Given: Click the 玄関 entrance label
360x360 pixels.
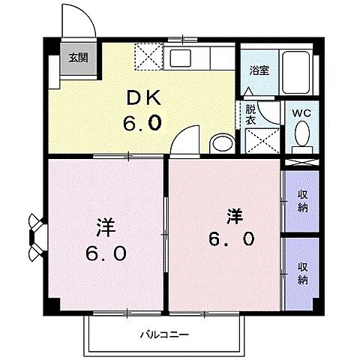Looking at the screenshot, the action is [x=79, y=58].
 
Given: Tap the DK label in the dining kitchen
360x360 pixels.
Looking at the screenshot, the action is [x=143, y=98].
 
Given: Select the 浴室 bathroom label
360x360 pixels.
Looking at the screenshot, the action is [x=259, y=70].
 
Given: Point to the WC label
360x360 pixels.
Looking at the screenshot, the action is [x=302, y=113].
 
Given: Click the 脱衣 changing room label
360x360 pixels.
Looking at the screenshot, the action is [x=250, y=115].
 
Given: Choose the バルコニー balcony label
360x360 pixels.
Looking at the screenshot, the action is [x=164, y=334].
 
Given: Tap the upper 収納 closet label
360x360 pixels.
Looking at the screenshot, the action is [x=302, y=201].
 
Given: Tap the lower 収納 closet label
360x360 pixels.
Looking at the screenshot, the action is [x=302, y=274].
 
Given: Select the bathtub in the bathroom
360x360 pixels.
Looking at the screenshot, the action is [x=296, y=73].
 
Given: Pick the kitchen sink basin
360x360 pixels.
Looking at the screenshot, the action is [x=180, y=58].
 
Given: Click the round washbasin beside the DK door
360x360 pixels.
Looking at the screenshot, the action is [x=222, y=144].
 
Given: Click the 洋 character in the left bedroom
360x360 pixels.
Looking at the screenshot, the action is [x=106, y=227].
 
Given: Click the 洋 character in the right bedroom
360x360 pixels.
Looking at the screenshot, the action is [x=235, y=217].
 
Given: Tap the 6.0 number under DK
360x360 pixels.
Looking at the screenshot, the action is [x=142, y=124].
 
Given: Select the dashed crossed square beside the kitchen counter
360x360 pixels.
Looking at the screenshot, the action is [x=149, y=57].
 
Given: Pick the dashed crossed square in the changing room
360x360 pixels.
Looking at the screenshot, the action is [x=262, y=141].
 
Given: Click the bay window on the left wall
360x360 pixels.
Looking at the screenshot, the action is [x=37, y=238].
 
